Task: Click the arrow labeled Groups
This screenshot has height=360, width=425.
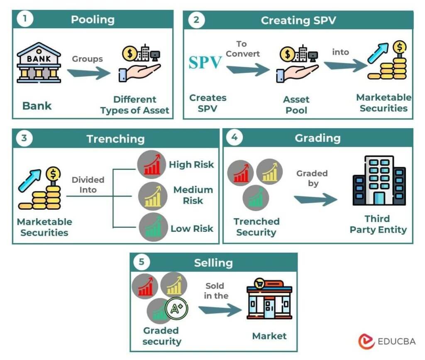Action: [x=88, y=73]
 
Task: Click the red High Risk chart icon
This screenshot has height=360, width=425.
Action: [x=151, y=163]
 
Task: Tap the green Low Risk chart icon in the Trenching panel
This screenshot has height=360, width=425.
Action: [x=151, y=227]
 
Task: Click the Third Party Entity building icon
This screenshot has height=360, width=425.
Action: [x=379, y=181]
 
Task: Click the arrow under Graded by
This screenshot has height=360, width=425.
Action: [x=316, y=200]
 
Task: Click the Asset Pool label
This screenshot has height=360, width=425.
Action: [x=296, y=105]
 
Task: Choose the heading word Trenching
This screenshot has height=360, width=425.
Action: [x=115, y=139]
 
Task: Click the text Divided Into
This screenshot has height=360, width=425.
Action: [x=88, y=185]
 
